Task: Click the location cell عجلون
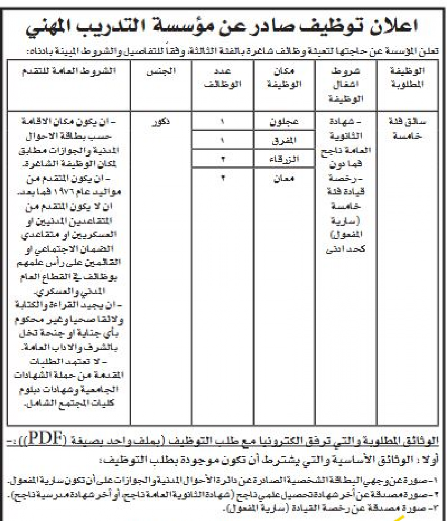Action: pyautogui.click(x=285, y=122)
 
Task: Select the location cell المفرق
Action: pyautogui.click(x=285, y=141)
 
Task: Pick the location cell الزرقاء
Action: pyautogui.click(x=285, y=159)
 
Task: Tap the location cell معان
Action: pyautogui.click(x=285, y=178)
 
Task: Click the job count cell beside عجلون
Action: pyautogui.click(x=222, y=122)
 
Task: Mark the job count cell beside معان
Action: pyautogui.click(x=222, y=178)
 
